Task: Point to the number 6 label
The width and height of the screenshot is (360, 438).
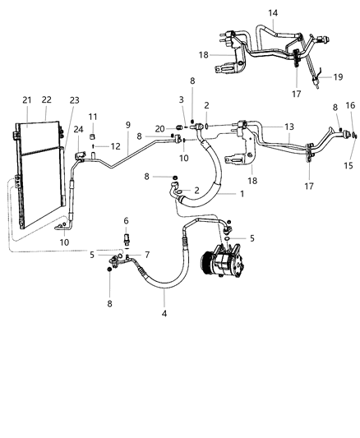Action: coord(126,221)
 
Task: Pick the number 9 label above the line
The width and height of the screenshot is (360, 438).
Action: coord(127,124)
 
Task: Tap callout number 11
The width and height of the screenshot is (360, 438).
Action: coord(93,117)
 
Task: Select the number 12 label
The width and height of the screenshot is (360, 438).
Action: coord(104,145)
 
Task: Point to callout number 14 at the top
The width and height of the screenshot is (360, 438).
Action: coord(273,13)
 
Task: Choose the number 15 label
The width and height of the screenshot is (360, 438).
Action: coord(348,166)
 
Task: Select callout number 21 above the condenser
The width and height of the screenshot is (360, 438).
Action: coord(26,99)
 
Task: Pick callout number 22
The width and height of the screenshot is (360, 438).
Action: coord(47,99)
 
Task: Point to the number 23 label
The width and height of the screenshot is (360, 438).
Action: coord(74,101)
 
